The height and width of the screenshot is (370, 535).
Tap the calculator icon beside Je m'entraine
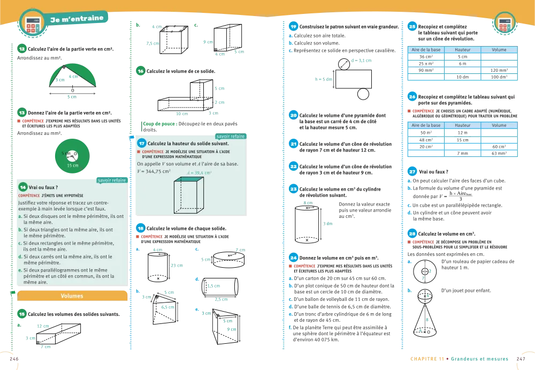pyautogui.click(x=32, y=22)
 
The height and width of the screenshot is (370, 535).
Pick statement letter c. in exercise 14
pyautogui.click(x=20, y=243)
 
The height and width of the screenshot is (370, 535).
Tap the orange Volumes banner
pyautogui.click(x=72, y=296)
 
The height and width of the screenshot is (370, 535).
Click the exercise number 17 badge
pyautogui.click(x=142, y=144)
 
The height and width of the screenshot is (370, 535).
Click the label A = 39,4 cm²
pyautogui.click(x=200, y=173)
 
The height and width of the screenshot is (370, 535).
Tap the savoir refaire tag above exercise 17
pyautogui.click(x=231, y=137)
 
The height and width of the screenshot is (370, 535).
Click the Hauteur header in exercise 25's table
pyautogui.click(x=462, y=50)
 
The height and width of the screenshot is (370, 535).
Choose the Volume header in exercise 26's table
pyautogui.click(x=499, y=125)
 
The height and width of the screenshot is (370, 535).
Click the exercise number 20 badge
pyautogui.click(x=294, y=115)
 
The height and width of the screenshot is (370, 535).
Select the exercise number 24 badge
pyautogui.click(x=294, y=257)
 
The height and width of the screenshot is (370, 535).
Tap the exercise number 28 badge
pyautogui.click(x=412, y=233)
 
